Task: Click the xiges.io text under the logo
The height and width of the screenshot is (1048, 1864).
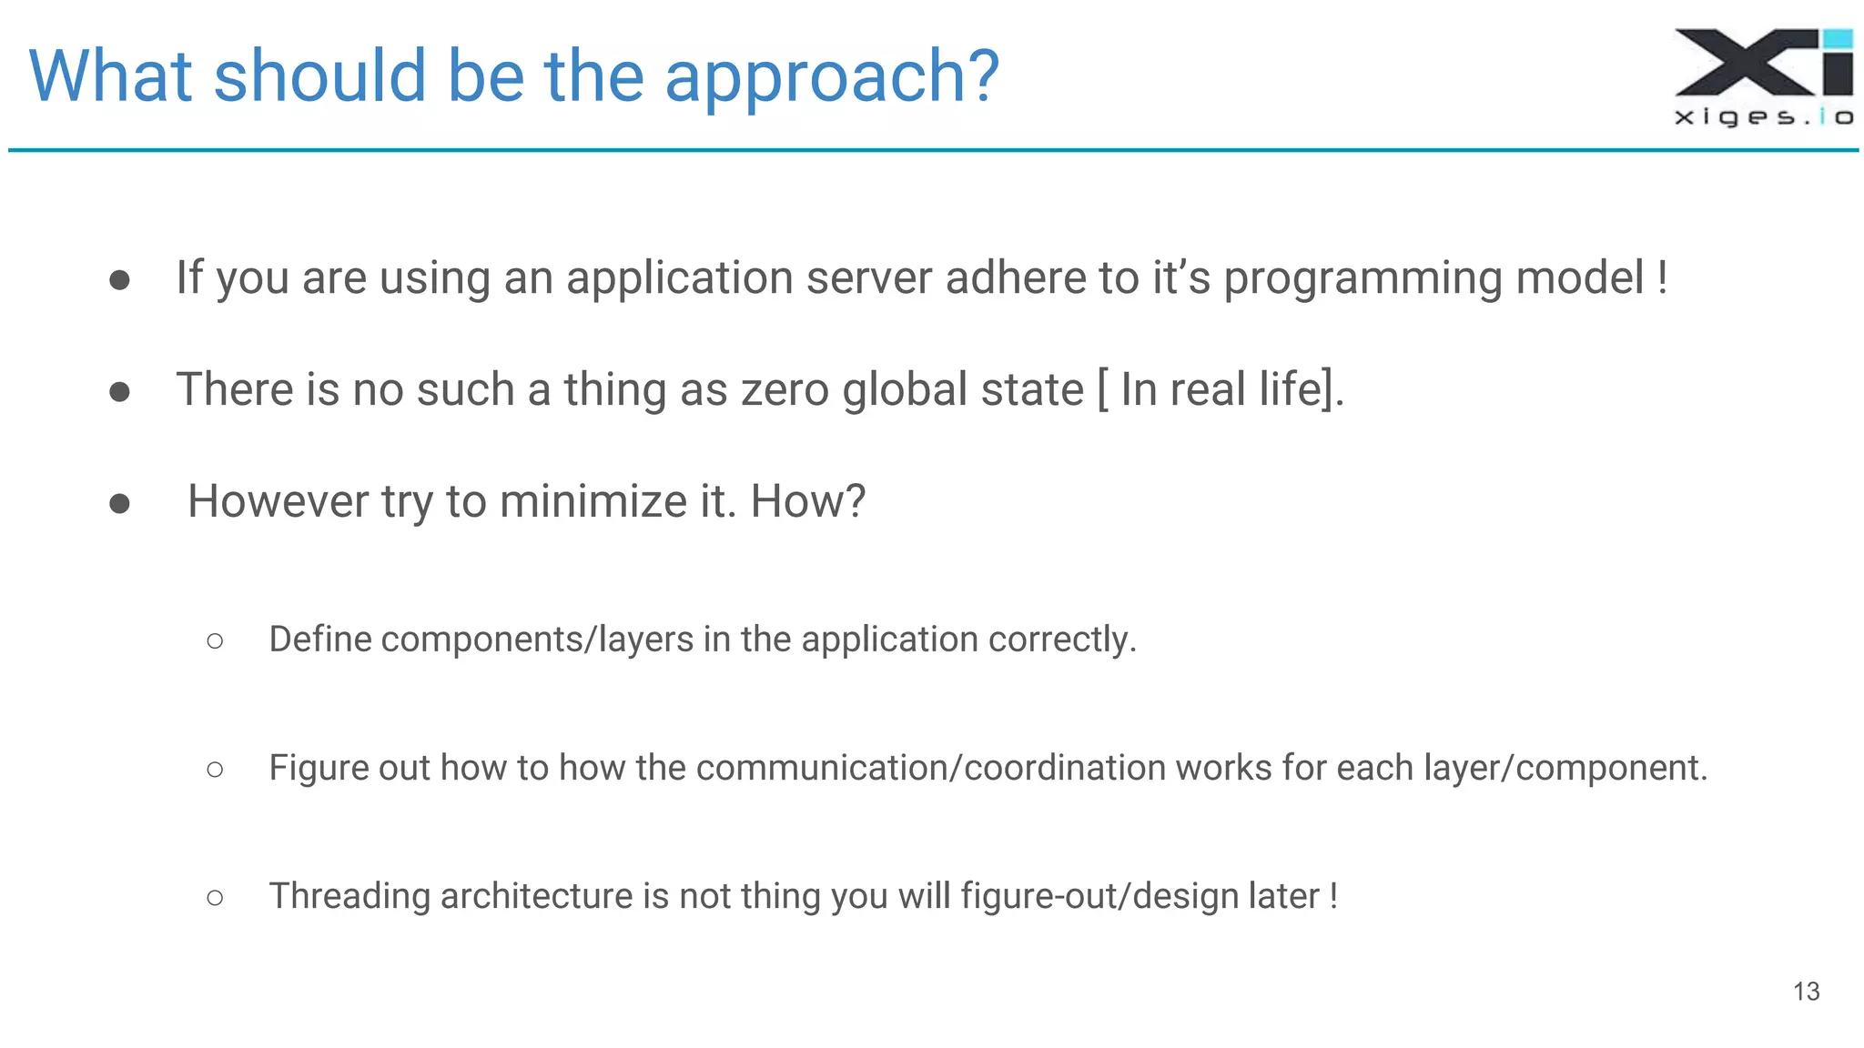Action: (1764, 116)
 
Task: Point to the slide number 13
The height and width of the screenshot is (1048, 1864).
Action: (1806, 991)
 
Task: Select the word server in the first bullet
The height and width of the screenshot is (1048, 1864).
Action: (868, 277)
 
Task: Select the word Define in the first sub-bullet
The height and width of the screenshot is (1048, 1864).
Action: (320, 639)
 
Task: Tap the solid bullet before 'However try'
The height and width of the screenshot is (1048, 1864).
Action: (119, 503)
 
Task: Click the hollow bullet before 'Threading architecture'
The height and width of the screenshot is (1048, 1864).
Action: (215, 898)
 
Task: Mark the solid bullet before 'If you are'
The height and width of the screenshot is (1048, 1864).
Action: (119, 279)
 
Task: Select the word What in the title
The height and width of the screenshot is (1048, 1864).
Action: (110, 76)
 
